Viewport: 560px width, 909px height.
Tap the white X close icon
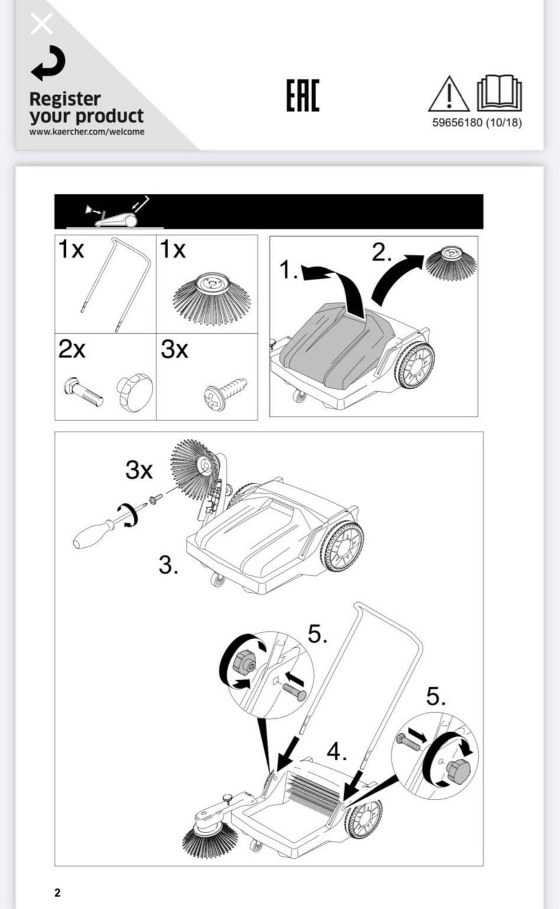[x=42, y=23]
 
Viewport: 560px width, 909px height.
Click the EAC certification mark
[x=303, y=95]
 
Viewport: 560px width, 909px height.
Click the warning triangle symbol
[x=449, y=94]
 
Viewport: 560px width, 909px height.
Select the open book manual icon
[x=499, y=93]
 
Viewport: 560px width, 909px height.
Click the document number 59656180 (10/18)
[x=477, y=123]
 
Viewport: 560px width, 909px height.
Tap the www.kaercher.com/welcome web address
[x=86, y=132]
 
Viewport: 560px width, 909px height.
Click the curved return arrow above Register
[x=48, y=63]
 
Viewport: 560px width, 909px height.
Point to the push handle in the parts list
[x=116, y=284]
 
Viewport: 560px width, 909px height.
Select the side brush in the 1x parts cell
[x=211, y=298]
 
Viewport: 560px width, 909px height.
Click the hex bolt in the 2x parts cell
[x=83, y=391]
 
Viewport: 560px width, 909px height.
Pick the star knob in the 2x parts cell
[x=135, y=390]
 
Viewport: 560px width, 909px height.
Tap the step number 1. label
[x=289, y=270]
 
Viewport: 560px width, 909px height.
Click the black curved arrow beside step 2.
[x=395, y=278]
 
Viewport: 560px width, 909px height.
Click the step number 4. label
[x=337, y=751]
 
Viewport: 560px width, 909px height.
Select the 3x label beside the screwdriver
[x=139, y=470]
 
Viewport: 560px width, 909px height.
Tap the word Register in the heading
[x=65, y=99]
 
